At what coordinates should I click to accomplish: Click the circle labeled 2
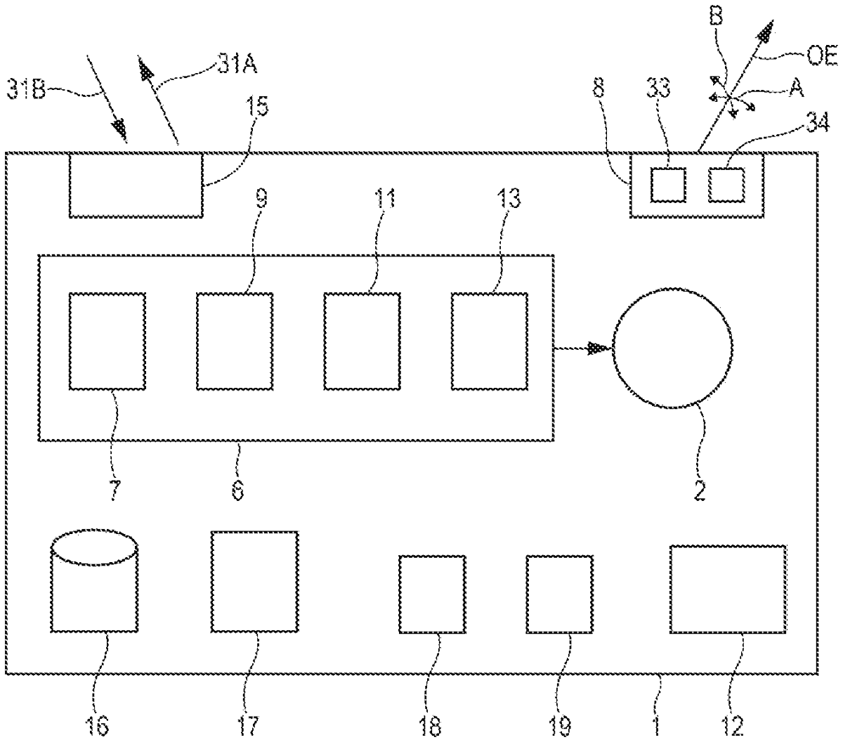[x=672, y=348]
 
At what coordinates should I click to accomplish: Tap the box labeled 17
[x=254, y=581]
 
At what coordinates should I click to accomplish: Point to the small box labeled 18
[x=432, y=594]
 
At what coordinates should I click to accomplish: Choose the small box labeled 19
[x=559, y=594]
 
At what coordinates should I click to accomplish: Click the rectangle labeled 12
[x=727, y=589]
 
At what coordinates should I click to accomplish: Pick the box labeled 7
[x=107, y=341]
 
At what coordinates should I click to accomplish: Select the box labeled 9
[x=234, y=341]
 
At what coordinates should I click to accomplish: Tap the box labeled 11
[x=362, y=341]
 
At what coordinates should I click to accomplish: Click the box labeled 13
[x=489, y=341]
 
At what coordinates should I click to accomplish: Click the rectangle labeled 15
[x=136, y=185]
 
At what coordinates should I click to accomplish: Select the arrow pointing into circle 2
[x=583, y=347]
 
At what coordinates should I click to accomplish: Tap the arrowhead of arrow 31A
[x=145, y=72]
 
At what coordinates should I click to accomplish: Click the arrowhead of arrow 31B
[x=122, y=128]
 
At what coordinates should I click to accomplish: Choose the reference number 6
[x=237, y=489]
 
